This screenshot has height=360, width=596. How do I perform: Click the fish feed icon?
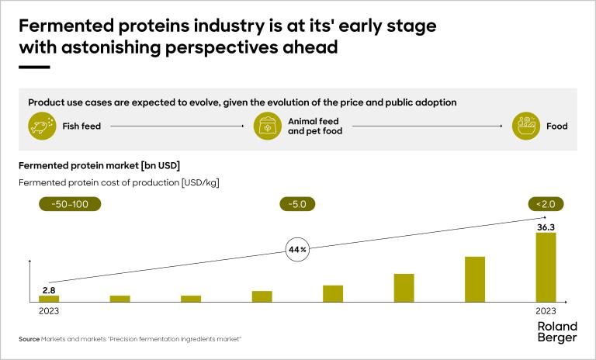pos(42,126)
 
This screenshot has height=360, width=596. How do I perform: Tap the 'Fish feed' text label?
pos(81,126)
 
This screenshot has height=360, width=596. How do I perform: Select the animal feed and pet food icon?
pos(268,126)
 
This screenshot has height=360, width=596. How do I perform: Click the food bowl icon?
pos(526,126)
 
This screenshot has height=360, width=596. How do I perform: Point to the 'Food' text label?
pos(556,126)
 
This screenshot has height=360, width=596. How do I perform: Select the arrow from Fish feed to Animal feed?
pos(178,126)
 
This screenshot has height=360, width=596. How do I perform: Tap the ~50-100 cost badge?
pos(70,204)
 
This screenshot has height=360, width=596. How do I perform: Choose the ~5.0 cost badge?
pos(297,204)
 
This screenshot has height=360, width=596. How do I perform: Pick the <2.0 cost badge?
pos(546,204)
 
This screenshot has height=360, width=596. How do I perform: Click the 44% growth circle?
pos(297,251)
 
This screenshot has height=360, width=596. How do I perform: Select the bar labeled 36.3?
pos(546,267)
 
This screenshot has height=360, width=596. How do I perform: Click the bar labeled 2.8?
pos(49,298)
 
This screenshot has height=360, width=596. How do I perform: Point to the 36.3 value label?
pos(546,227)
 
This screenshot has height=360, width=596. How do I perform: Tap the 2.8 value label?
pos(48,289)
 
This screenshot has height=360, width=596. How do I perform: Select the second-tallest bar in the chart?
pos(475,279)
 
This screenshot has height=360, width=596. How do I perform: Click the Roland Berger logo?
pos(557,332)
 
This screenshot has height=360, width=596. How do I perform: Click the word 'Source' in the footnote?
pos(29,339)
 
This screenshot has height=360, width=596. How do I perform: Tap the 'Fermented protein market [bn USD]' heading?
pos(99,165)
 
